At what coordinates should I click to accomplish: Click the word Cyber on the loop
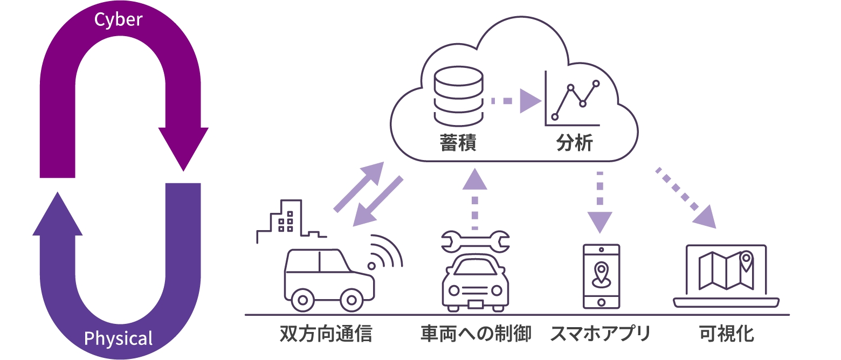pyautogui.click(x=118, y=19)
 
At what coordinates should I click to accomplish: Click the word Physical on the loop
pyautogui.click(x=118, y=339)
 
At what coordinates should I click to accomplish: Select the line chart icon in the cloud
pyautogui.click(x=573, y=100)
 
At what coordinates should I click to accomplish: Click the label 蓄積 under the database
pyautogui.click(x=458, y=144)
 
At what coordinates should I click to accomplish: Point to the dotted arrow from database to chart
pyautogui.click(x=515, y=101)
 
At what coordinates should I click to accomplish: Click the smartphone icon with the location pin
pyautogui.click(x=601, y=276)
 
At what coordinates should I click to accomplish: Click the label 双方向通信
pyautogui.click(x=326, y=334)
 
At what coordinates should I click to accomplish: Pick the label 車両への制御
pyautogui.click(x=476, y=334)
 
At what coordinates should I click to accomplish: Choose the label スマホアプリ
pyautogui.click(x=601, y=334)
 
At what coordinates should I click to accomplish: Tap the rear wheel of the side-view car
pyautogui.click(x=302, y=299)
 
